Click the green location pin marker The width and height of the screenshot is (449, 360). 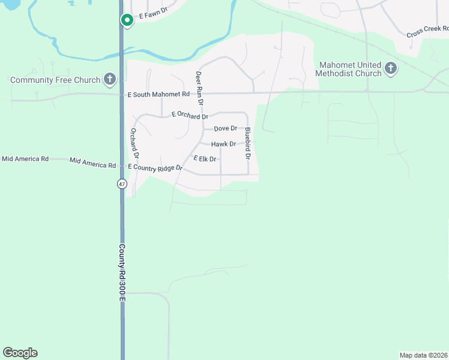click(127, 20)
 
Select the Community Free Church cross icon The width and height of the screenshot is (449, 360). click(109, 79)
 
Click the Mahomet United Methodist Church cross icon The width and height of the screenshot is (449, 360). click(391, 68)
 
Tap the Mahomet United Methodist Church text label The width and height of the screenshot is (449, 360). click(351, 69)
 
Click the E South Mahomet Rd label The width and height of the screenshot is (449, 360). click(158, 94)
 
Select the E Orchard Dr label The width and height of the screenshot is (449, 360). click(190, 115)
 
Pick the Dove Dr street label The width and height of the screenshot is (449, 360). click(226, 129)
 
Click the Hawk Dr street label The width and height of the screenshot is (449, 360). click(223, 144)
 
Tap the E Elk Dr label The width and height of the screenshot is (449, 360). click(204, 159)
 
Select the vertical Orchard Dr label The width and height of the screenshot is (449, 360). click(134, 143)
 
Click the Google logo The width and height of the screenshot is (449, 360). click(20, 353)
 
